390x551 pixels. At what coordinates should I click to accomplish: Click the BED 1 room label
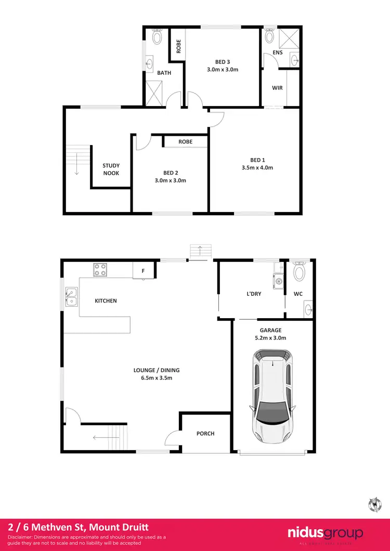point(257,160)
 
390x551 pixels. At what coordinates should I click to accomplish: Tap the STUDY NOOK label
point(111,169)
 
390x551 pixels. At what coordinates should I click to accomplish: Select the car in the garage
point(272,394)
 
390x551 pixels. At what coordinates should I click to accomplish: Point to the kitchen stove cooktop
point(100,270)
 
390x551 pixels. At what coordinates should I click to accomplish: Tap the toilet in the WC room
point(299,272)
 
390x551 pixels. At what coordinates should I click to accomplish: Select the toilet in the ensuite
point(269,36)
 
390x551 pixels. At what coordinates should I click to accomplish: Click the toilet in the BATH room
point(157,36)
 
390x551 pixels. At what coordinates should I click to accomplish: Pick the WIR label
point(277,88)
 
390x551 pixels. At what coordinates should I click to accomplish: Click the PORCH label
point(205,434)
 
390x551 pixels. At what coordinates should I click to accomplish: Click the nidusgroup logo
point(326,533)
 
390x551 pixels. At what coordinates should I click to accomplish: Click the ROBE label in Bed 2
point(186,141)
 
